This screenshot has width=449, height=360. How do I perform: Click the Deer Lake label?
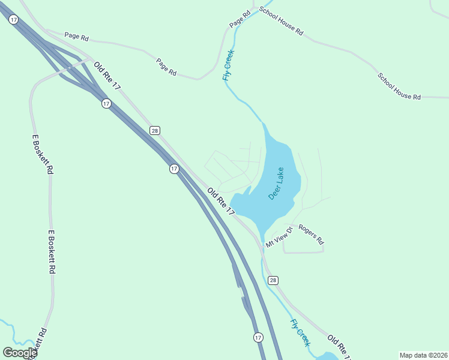[x=276, y=184]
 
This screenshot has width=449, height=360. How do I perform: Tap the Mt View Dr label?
[x=279, y=236]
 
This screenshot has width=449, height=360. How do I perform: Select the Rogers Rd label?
[x=311, y=234]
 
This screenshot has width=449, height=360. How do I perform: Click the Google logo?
[x=20, y=353]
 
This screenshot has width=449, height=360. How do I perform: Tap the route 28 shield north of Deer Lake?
[x=155, y=130]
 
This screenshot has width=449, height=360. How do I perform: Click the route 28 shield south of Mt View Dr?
[x=273, y=280]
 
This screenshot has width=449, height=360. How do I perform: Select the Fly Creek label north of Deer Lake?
[x=228, y=65]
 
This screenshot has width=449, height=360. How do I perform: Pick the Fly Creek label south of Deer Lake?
[x=300, y=332]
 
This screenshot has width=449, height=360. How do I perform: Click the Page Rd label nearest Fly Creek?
[x=239, y=21]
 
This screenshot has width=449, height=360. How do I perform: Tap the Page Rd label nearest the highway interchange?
[x=76, y=37]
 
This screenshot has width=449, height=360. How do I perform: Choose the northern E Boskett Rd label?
[x=42, y=154]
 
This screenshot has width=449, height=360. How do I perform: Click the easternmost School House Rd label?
[x=399, y=86]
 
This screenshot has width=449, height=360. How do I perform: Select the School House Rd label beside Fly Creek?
[x=281, y=21]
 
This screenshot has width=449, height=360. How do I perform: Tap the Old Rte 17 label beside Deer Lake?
[x=221, y=202]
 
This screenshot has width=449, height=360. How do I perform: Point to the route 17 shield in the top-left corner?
[x=14, y=20]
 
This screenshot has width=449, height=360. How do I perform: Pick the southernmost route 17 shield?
[x=258, y=337]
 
